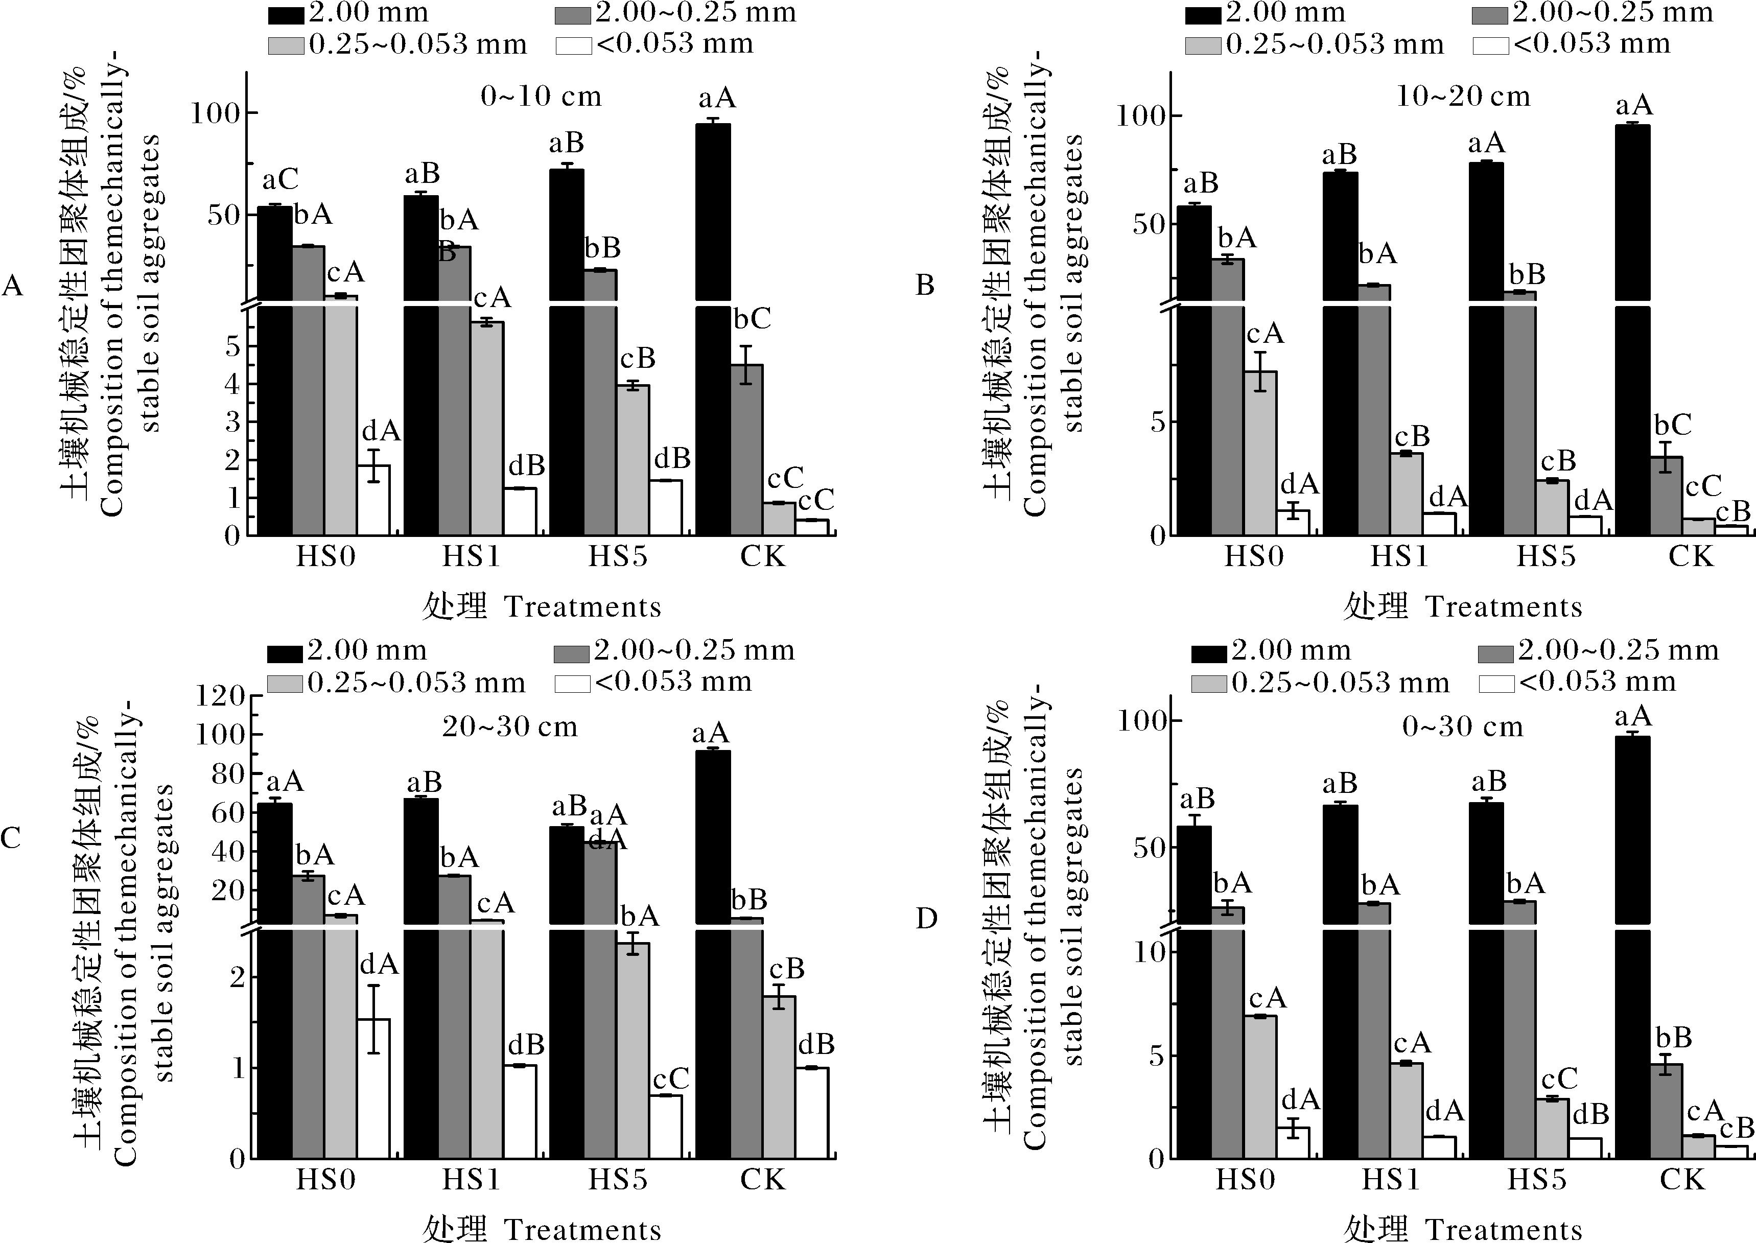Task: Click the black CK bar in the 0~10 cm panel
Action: (713, 329)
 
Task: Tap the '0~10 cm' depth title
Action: (541, 97)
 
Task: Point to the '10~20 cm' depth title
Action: (1463, 97)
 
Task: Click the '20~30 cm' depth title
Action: (510, 726)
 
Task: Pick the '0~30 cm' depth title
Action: (1463, 726)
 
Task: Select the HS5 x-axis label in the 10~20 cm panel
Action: (1546, 556)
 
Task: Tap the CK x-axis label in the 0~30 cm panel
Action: (1682, 1180)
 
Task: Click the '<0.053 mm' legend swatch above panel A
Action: (573, 45)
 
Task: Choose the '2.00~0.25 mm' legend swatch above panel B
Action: (1490, 14)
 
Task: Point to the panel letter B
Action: (925, 286)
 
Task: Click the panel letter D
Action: (926, 918)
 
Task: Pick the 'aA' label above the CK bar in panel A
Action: (717, 98)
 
